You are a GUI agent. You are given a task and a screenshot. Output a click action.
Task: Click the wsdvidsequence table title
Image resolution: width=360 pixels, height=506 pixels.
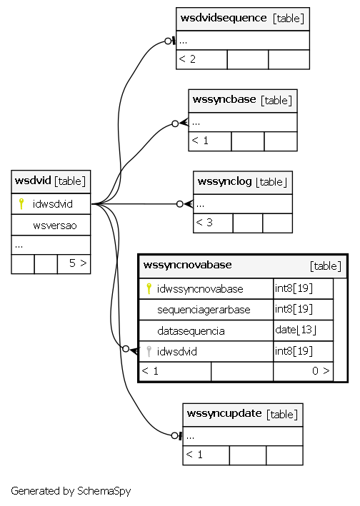(x=224, y=18)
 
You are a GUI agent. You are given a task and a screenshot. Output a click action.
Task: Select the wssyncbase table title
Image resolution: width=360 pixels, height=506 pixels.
(x=224, y=99)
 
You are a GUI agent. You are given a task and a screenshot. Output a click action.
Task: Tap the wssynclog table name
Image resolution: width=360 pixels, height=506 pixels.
(x=224, y=181)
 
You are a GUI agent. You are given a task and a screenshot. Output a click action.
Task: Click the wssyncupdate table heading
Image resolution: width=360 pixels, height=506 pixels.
(x=224, y=413)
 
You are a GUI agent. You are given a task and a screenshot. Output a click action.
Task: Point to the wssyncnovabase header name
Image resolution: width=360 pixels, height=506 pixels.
(x=188, y=265)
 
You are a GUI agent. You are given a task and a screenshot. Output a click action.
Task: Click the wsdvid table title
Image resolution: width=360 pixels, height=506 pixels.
(x=33, y=180)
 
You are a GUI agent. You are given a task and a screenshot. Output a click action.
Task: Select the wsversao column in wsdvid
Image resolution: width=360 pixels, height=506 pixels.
(x=55, y=226)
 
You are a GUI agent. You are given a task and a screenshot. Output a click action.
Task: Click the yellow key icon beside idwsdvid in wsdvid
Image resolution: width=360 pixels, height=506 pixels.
(x=21, y=203)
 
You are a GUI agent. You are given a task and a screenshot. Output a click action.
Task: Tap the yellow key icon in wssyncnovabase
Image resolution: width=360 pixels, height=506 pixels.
(x=149, y=288)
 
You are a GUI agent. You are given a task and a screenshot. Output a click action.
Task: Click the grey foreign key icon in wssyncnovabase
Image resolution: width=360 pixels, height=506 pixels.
(x=149, y=351)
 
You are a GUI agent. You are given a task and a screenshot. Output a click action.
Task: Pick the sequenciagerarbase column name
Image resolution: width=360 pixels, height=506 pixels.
(x=204, y=310)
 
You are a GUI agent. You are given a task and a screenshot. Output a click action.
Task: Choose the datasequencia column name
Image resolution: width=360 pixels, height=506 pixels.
(x=191, y=330)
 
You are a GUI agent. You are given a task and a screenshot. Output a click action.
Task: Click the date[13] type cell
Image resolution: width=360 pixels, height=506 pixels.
(x=296, y=330)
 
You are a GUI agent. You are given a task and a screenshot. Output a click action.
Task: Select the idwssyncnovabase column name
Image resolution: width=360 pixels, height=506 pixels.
(x=200, y=288)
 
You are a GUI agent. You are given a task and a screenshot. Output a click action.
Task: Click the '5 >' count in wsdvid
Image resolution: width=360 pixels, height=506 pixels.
(x=78, y=263)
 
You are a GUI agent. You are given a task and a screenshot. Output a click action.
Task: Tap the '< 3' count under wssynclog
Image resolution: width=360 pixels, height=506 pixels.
(x=204, y=223)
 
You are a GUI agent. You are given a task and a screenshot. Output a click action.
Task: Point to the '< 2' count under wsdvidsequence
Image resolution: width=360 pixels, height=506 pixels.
(x=187, y=59)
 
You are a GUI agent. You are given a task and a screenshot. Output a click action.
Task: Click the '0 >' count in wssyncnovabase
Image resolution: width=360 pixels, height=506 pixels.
(x=321, y=371)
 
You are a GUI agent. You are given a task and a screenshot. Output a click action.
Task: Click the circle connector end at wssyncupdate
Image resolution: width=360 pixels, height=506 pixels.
(x=175, y=435)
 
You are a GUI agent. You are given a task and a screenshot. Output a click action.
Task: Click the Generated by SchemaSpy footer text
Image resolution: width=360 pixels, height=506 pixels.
(x=71, y=491)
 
